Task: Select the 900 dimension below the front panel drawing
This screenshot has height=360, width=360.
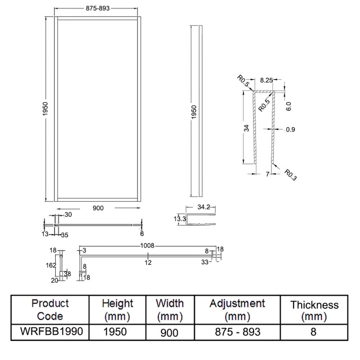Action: (98, 208)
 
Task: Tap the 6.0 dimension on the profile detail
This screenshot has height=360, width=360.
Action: (288, 106)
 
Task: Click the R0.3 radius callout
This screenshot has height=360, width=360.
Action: (291, 175)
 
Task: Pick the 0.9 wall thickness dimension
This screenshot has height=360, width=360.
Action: (290, 130)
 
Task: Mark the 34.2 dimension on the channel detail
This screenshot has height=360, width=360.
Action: (204, 207)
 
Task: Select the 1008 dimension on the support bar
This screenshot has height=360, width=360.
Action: (147, 245)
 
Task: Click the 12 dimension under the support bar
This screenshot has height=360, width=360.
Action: (148, 262)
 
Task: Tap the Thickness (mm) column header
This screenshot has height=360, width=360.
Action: (314, 310)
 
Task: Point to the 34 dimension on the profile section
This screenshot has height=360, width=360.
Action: (246, 129)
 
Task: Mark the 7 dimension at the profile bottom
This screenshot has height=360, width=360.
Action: (267, 174)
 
